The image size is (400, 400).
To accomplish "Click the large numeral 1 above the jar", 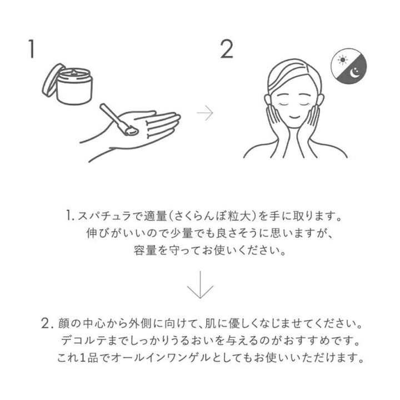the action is point(31,49).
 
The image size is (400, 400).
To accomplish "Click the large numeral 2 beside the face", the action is point(227,49).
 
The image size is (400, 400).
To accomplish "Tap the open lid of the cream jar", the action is point(52,80).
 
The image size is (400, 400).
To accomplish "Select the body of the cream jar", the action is point(74,88).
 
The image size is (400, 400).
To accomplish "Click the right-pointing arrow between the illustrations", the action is point(204,112).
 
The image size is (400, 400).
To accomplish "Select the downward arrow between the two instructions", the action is point(200,284).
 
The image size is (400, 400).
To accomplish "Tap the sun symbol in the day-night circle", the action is point(342,59).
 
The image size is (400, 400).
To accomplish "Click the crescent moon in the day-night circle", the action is point(354,73).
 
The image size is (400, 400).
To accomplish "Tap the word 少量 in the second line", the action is point(181,233).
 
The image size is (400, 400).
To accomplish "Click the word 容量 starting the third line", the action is point(145,250).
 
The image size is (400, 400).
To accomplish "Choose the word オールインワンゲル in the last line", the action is point(161,358).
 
